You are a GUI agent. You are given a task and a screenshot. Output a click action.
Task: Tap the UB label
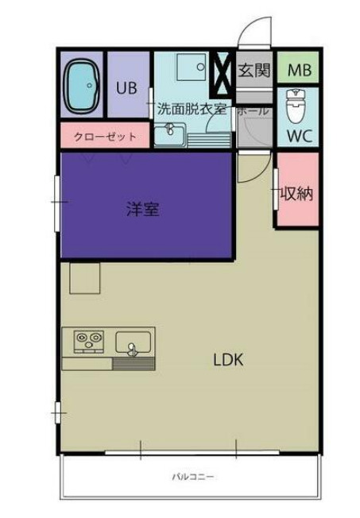click(x=126, y=88)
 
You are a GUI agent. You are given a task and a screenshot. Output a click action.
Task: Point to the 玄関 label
click(x=254, y=70)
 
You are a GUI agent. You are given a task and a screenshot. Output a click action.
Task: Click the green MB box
click(x=299, y=70)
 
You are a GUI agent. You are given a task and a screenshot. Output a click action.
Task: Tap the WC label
click(x=299, y=135)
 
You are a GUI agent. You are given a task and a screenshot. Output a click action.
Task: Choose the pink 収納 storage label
click(x=296, y=193)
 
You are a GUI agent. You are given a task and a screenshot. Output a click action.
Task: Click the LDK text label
click(x=228, y=359)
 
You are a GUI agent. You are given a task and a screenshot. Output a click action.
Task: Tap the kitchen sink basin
click(x=132, y=344)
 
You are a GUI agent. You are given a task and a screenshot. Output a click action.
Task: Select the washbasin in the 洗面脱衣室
click(x=168, y=134)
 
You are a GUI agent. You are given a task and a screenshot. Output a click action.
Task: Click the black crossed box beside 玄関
click(x=225, y=70)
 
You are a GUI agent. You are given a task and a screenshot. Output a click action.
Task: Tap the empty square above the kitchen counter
click(x=84, y=279)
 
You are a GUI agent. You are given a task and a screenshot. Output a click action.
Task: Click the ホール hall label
click(x=253, y=111)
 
